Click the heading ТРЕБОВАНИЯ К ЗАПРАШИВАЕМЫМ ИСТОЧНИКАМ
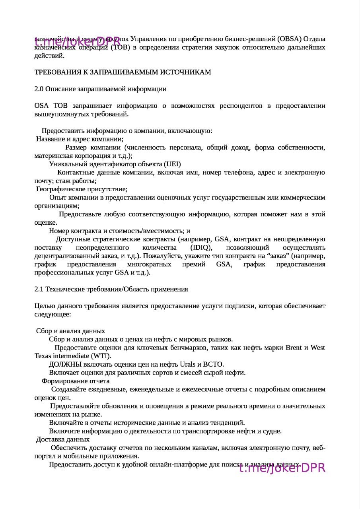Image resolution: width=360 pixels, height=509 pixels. tap(123, 72)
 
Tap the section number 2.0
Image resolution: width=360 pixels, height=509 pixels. tap(39, 89)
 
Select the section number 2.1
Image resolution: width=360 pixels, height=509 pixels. tap(39, 289)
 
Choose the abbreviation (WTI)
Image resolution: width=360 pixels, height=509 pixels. tap(101, 356)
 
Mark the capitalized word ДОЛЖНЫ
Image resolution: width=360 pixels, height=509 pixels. tap(65, 364)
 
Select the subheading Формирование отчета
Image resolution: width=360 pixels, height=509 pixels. tap(76, 381)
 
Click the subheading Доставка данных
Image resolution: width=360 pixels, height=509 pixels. tap(63, 439)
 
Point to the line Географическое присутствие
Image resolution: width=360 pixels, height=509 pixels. tap(82, 189)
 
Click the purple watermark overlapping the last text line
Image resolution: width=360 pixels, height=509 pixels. tap(282, 468)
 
